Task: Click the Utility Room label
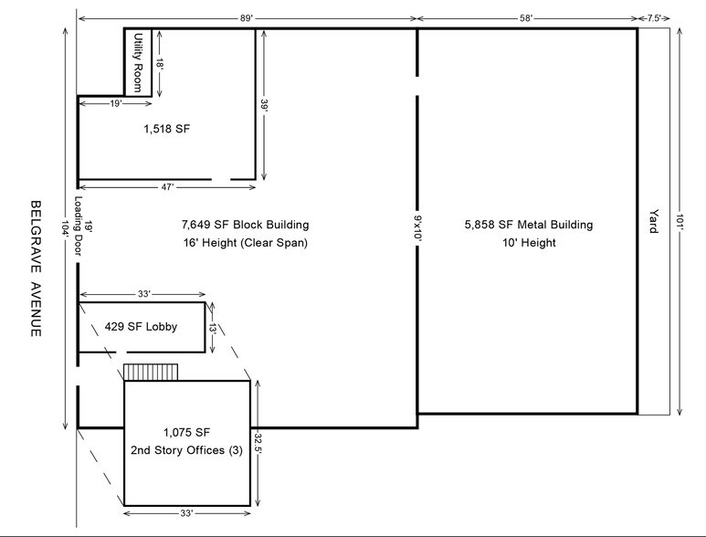[x=138, y=63]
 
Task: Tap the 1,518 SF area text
[x=166, y=129]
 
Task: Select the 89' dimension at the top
[x=247, y=18]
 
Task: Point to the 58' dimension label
[x=526, y=18]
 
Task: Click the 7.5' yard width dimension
[x=654, y=18]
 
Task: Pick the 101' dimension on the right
[x=680, y=221]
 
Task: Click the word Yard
[x=653, y=221]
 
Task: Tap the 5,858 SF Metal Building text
[x=529, y=225]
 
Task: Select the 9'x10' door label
[x=417, y=228]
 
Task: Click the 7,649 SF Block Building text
[x=246, y=225]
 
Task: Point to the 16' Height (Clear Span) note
[x=246, y=243]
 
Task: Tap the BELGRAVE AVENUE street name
[x=36, y=268]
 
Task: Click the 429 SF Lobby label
[x=141, y=327]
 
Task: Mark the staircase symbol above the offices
[x=151, y=373]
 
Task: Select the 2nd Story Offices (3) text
[x=186, y=450]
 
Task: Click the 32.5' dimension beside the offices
[x=258, y=443]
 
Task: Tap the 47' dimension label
[x=167, y=187]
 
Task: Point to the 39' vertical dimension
[x=264, y=105]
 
